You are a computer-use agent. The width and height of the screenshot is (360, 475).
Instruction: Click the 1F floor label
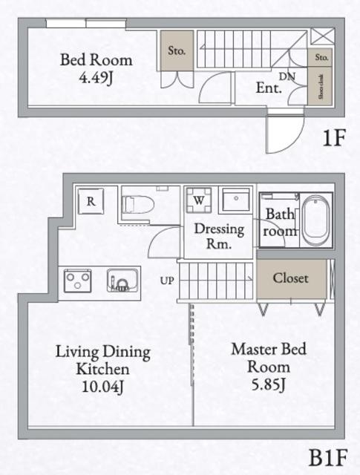[x=333, y=138]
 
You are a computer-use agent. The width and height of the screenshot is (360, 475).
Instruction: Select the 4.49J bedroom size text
[x=96, y=75]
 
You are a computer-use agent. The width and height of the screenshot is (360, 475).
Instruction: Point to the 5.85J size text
[x=269, y=384]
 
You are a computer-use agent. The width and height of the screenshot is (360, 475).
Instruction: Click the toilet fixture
[x=138, y=203]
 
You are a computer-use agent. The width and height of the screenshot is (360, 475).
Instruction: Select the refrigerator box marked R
[x=90, y=201]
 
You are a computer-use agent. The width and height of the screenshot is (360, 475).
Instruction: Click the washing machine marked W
[x=199, y=200]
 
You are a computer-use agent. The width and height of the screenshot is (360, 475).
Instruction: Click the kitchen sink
[x=122, y=280]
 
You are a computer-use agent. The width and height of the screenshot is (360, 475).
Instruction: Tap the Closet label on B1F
[x=291, y=278]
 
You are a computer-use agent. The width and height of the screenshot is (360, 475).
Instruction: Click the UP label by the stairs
[x=167, y=281]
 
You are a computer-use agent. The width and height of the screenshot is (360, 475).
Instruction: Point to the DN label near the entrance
[x=287, y=76]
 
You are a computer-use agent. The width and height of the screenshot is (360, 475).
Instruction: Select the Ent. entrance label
[x=269, y=88]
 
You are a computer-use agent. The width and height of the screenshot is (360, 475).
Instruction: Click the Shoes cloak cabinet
[x=321, y=86]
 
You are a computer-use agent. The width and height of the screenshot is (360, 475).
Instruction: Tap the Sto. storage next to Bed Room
[x=176, y=51]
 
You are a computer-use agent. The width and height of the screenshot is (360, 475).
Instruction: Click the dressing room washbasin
[x=237, y=200]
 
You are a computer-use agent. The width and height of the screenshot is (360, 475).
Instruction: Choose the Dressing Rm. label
[x=219, y=236]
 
